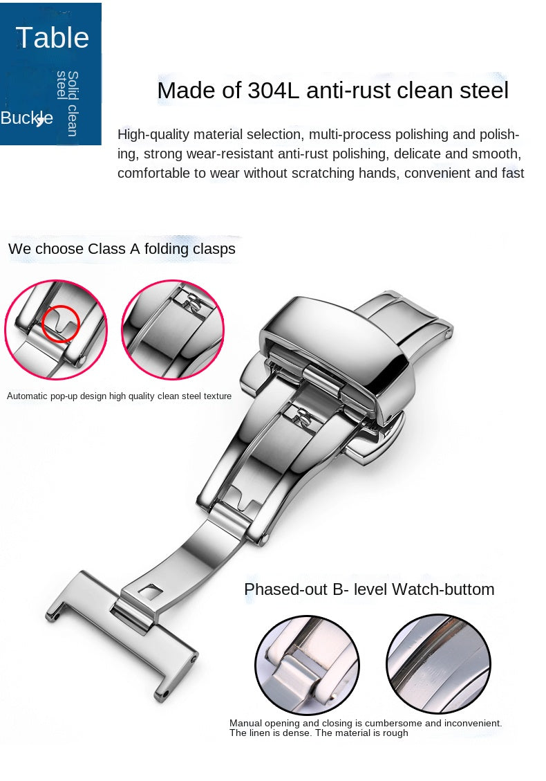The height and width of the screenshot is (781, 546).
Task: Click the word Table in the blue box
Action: [53, 37]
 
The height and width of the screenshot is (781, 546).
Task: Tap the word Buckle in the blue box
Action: [26, 118]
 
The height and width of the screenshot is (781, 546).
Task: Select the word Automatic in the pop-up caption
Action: [27, 396]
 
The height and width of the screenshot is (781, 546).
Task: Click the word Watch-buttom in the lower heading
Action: [443, 589]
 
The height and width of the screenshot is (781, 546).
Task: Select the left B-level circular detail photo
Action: [307, 665]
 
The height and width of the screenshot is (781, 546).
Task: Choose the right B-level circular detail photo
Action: [438, 663]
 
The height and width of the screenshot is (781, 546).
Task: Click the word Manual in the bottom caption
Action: [245, 723]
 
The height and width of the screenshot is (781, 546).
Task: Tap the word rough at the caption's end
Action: [396, 733]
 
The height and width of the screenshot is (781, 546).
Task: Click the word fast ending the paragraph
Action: [513, 174]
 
